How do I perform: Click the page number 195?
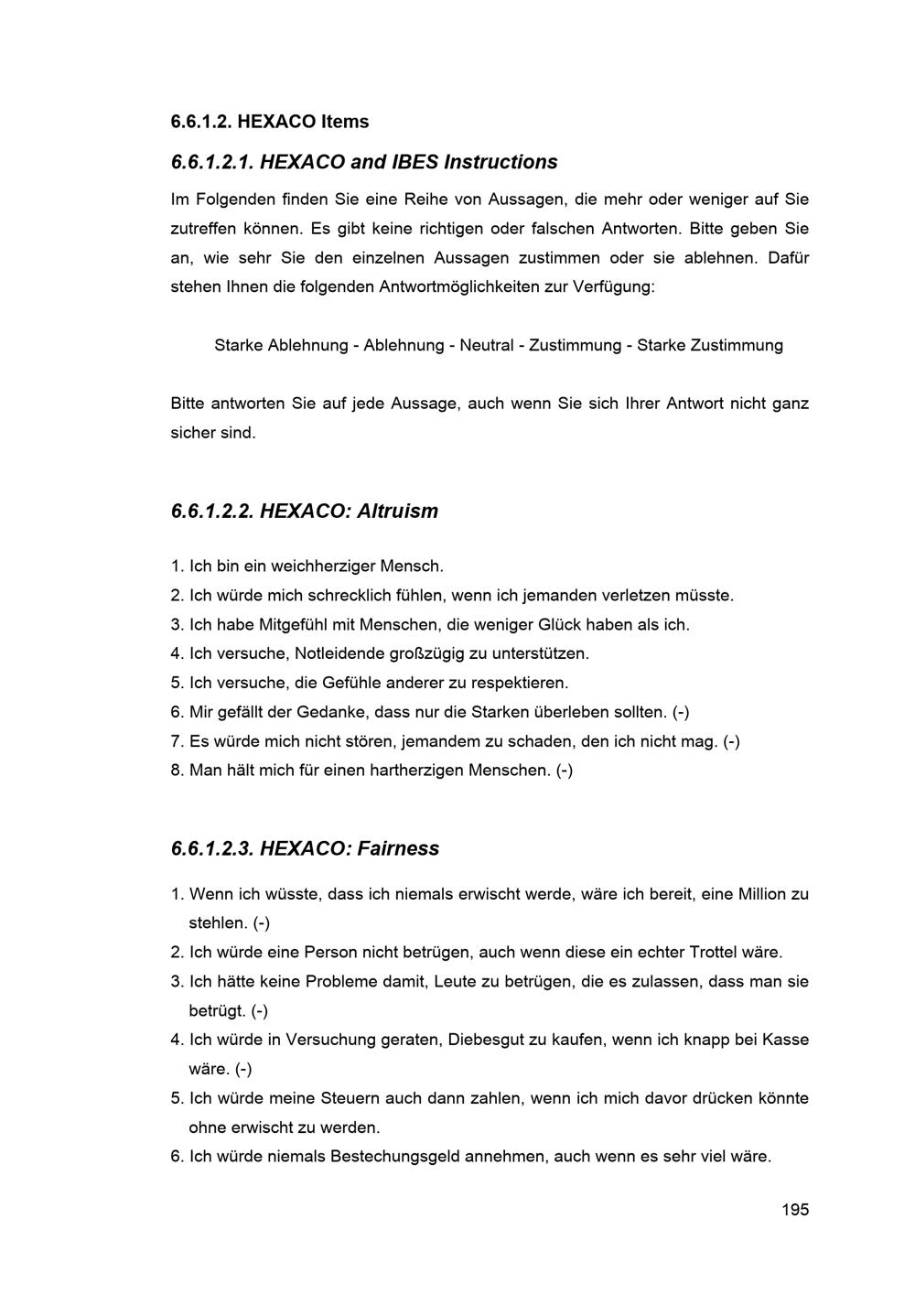794,1210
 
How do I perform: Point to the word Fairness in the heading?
398,848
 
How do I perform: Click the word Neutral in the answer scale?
486,345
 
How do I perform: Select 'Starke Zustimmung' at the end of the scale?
710,345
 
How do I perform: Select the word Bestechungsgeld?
394,1157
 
